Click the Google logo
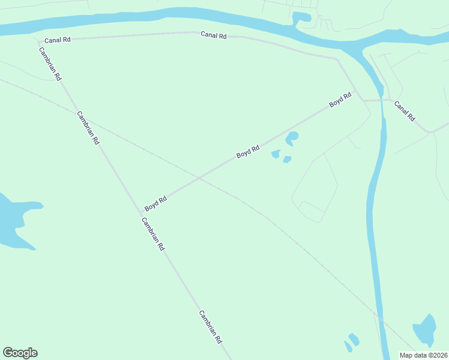click(x=20, y=353)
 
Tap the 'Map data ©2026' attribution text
click(x=424, y=355)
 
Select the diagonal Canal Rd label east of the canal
click(x=404, y=111)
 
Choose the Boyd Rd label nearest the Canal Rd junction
click(x=340, y=100)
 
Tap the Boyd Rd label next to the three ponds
click(x=247, y=151)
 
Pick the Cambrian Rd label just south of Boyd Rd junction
click(x=152, y=233)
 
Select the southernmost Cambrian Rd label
click(x=211, y=326)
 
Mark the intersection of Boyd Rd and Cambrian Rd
click(x=142, y=212)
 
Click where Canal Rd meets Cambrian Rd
click(x=39, y=43)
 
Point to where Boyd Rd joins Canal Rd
click(x=358, y=91)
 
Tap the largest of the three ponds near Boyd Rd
click(x=292, y=138)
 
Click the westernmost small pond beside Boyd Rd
click(x=276, y=154)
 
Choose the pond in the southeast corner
click(x=425, y=330)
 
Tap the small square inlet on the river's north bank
click(x=301, y=17)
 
